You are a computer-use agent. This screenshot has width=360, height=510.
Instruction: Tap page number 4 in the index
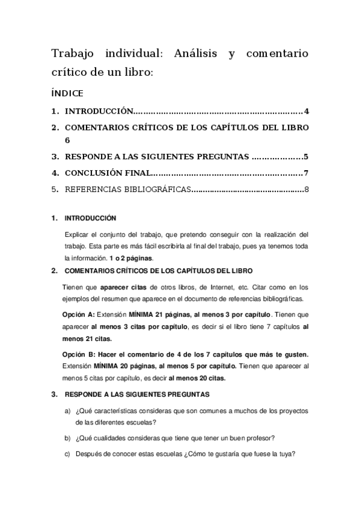click(306, 111)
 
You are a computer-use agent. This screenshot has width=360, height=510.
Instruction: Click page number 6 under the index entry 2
click(67, 141)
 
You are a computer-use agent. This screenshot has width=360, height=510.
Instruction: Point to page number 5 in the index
click(306, 157)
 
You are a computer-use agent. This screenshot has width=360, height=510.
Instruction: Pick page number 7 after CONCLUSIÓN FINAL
click(306, 174)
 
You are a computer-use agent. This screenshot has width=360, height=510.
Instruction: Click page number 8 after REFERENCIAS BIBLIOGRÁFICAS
click(306, 191)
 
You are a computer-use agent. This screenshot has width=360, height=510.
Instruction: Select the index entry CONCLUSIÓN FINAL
click(106, 174)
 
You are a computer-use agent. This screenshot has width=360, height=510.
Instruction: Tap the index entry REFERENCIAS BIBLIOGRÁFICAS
click(127, 191)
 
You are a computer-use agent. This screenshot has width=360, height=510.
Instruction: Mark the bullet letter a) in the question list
click(67, 410)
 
